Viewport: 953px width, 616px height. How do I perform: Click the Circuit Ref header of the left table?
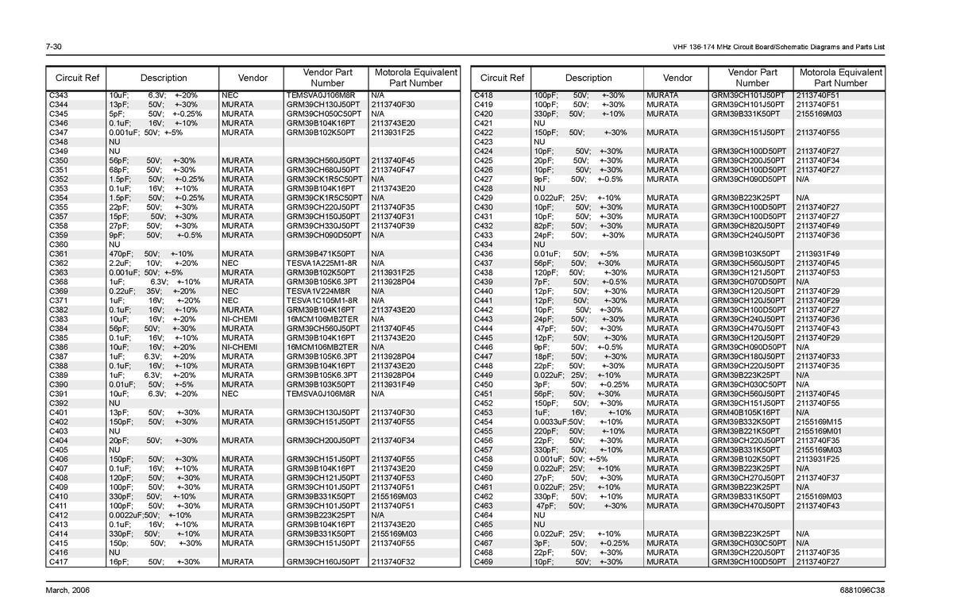[x=77, y=78]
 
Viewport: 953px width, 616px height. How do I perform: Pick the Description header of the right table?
[x=588, y=78]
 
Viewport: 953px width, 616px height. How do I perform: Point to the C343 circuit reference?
[x=59, y=95]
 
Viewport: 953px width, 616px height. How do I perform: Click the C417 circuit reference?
[x=59, y=562]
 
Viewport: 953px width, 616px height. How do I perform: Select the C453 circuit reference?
[x=484, y=413]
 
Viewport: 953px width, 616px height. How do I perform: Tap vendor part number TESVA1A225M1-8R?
[x=322, y=263]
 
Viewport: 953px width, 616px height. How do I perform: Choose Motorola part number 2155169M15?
[x=818, y=422]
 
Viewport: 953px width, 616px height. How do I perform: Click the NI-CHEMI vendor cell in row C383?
[x=239, y=319]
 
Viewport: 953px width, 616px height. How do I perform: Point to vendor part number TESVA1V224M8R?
[x=319, y=291]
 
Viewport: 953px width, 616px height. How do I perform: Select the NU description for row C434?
[x=538, y=244]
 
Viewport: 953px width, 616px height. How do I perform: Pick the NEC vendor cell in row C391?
[x=230, y=394]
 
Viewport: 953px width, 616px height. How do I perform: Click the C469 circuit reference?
[x=484, y=562]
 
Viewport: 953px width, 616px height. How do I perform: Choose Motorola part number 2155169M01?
[x=818, y=431]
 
